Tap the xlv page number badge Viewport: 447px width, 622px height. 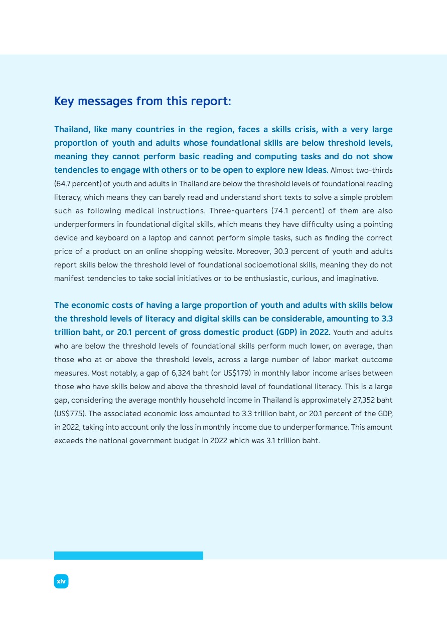pyautogui.click(x=61, y=581)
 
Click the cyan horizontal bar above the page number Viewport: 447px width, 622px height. pyautogui.click(x=128, y=555)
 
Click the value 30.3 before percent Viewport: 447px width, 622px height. pyautogui.click(x=277, y=251)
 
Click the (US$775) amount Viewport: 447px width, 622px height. pyautogui.click(x=70, y=414)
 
